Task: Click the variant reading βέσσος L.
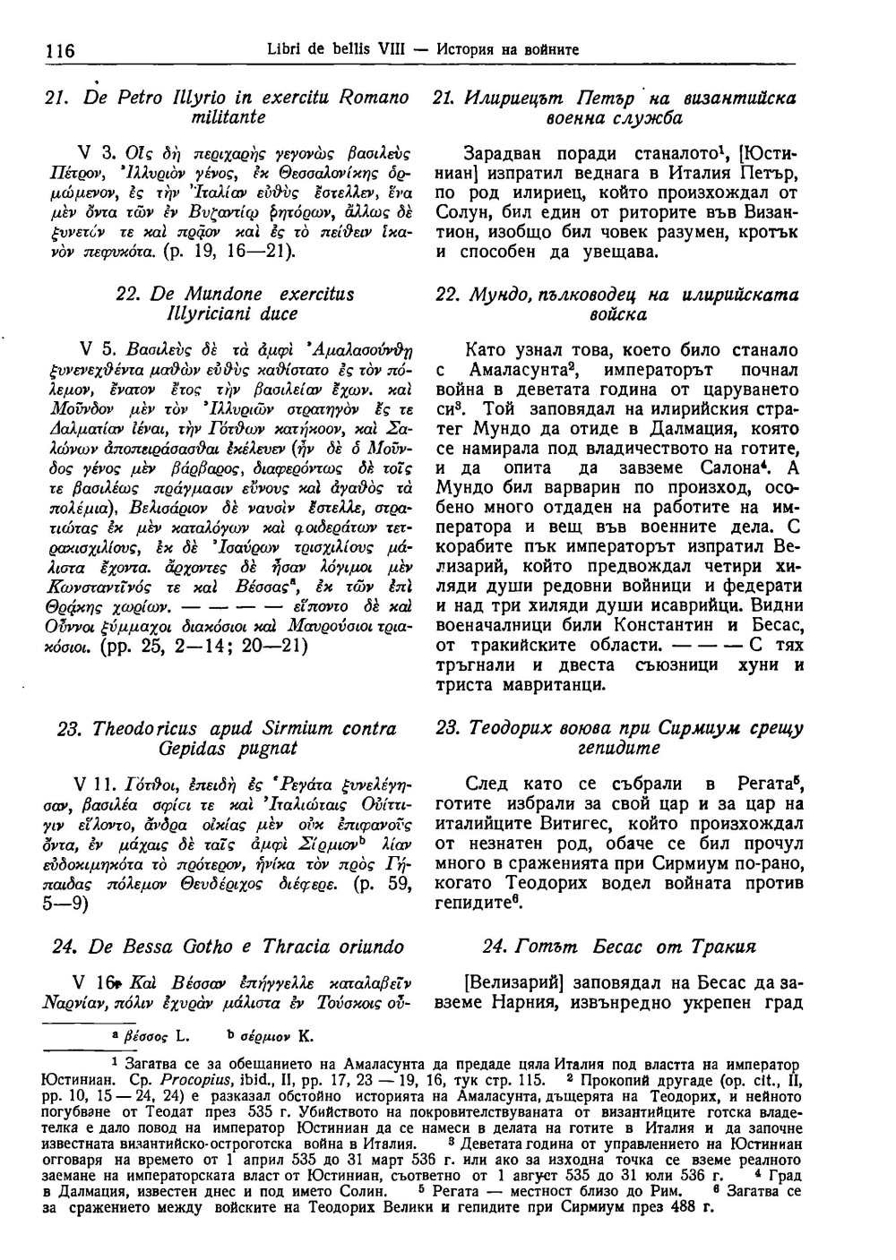coord(156,1037)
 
